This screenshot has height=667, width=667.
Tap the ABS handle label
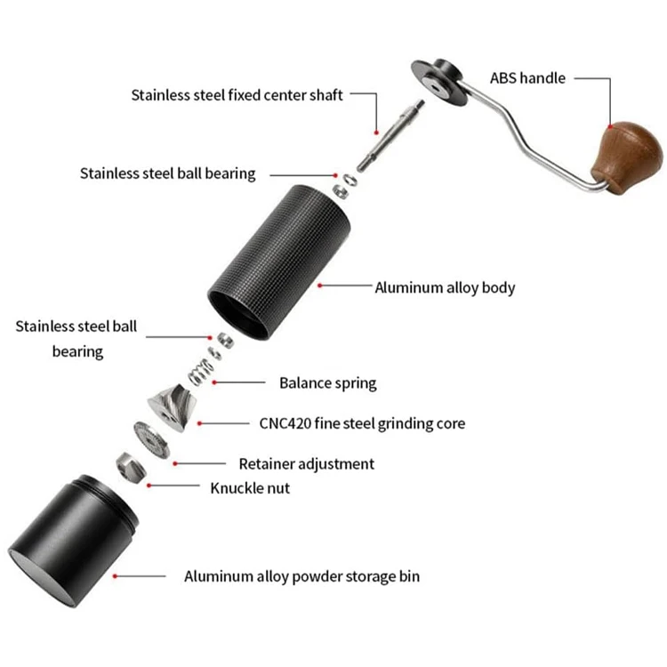(x=527, y=78)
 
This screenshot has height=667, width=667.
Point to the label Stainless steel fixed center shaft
(x=237, y=94)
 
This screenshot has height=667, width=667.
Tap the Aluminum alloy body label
(x=445, y=287)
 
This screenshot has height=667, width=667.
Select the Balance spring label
(x=327, y=383)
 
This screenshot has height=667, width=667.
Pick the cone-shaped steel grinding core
(x=173, y=406)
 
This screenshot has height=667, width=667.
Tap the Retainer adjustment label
(x=306, y=463)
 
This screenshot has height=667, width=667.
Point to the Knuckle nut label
(x=250, y=487)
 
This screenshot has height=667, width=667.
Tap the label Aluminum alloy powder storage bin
(x=301, y=576)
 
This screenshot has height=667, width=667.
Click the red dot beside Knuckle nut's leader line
(x=149, y=485)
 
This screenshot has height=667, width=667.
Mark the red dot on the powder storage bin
(x=117, y=576)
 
